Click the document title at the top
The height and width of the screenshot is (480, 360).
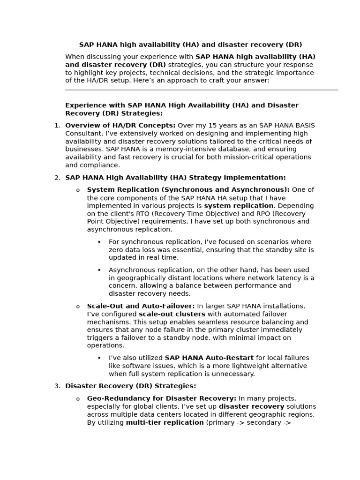coord(190,45)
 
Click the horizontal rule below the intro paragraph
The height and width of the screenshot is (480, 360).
coord(201,90)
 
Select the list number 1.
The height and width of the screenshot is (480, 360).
coord(57,126)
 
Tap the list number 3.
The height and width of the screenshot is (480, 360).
coord(57,386)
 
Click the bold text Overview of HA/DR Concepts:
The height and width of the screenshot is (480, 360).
coord(120,126)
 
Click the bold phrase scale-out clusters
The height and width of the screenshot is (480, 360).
coord(172,314)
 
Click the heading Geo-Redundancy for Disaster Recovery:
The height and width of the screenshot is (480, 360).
coord(162,398)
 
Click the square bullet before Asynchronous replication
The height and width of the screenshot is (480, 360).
coord(99,270)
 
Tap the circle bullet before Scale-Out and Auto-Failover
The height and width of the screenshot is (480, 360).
coord(78,307)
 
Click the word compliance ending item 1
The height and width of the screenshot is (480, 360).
coord(102,165)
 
